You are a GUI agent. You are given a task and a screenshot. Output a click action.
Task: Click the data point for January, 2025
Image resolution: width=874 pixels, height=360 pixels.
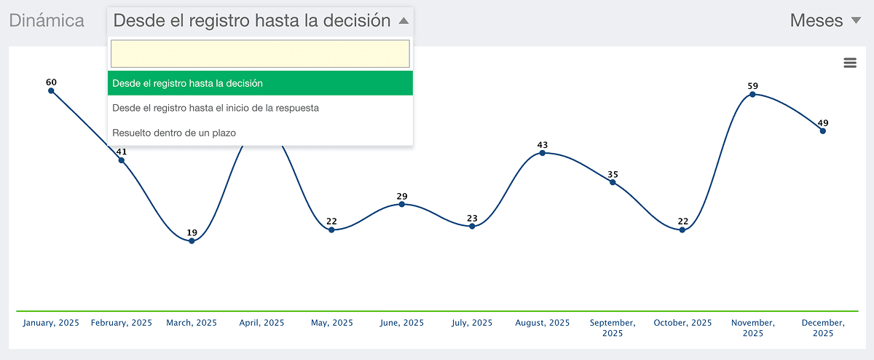(51, 91)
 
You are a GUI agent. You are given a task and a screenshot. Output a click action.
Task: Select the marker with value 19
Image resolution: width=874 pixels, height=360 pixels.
(192, 241)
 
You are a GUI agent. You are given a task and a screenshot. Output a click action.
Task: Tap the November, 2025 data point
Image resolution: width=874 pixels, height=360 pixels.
(752, 95)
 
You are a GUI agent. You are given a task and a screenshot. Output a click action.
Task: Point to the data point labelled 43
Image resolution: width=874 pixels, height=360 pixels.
(543, 153)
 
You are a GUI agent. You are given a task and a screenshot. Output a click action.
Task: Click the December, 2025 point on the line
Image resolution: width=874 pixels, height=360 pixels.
(823, 131)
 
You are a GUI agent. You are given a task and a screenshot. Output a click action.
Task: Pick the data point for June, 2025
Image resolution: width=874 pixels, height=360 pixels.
(402, 204)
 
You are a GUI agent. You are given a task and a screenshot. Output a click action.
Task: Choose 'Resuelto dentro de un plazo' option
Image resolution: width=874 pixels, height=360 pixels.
(174, 133)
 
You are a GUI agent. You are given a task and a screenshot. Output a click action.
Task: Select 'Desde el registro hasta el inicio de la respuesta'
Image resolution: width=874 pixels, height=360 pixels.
(216, 108)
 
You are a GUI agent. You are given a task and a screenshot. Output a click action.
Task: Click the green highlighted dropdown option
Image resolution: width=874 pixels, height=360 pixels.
(260, 83)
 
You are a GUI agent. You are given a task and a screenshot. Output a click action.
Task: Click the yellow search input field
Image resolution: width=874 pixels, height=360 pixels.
(260, 53)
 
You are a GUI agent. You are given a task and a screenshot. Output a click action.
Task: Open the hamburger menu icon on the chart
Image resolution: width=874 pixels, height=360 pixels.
(850, 63)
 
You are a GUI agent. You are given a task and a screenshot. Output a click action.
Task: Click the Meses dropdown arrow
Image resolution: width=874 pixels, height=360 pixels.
(856, 20)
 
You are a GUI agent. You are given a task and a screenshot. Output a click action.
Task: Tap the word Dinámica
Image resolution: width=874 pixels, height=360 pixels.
(47, 20)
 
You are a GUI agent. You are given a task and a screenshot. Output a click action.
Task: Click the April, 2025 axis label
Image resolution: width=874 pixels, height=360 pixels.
(261, 323)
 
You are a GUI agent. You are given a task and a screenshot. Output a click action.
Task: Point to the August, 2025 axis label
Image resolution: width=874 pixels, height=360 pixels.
(543, 323)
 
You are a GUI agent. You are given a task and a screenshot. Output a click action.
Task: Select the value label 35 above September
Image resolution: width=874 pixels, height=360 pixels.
(613, 174)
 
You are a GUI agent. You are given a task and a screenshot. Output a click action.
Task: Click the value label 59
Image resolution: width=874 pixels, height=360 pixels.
(752, 86)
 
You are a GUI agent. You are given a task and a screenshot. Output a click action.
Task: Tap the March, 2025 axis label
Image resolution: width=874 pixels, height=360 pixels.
(192, 323)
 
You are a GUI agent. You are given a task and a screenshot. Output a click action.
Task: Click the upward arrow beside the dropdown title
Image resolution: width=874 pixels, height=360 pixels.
(403, 20)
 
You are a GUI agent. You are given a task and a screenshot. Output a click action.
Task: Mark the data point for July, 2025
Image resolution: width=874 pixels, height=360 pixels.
(472, 226)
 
